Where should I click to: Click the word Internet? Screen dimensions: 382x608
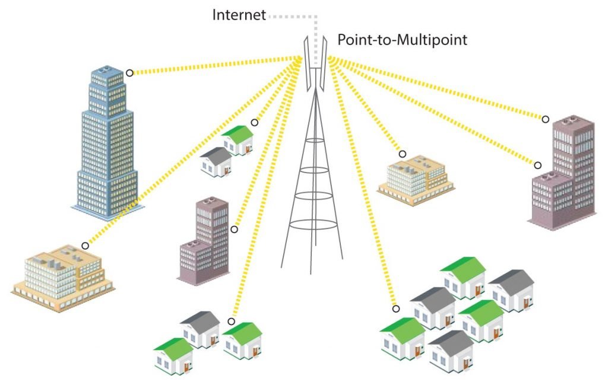coord(239,14)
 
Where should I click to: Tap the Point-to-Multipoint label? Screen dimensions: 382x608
coord(403,40)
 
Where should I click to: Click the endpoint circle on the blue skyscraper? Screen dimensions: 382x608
coord(129,74)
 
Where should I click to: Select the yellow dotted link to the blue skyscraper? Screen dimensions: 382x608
coord(214,65)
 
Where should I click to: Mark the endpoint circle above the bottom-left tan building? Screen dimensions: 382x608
coord(85,245)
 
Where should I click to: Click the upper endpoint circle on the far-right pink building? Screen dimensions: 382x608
coord(546,119)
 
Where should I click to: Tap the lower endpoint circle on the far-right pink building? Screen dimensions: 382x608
coord(538,165)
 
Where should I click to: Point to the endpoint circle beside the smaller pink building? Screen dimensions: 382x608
coord(235,229)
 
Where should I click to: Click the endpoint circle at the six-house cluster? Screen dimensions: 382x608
coord(395,308)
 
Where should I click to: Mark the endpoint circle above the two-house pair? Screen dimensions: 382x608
coord(255,122)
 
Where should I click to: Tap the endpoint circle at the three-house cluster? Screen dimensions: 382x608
coord(231,321)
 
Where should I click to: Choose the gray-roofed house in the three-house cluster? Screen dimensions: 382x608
coord(200,329)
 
